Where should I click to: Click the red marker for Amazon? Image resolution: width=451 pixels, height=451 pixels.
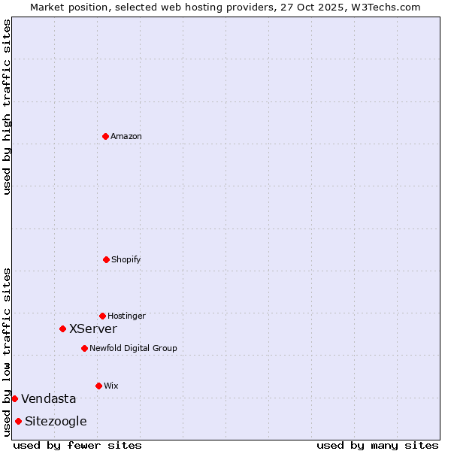tap(105, 136)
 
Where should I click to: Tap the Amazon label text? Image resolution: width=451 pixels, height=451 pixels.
tap(126, 136)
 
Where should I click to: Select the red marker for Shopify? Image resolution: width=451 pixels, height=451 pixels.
tap(106, 259)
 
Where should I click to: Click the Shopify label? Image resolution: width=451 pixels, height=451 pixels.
tap(126, 259)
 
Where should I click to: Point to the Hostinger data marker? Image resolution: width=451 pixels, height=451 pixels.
tap(102, 316)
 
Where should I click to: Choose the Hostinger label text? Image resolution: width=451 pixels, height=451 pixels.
tap(126, 316)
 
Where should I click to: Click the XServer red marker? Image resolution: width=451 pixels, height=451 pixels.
tap(62, 328)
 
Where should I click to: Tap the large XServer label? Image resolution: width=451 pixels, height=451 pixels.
tap(93, 328)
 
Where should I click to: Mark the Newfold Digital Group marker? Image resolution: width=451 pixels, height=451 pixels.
tap(84, 348)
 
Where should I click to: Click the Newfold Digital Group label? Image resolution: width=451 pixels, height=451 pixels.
tap(133, 348)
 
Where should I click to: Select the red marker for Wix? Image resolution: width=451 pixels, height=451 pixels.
tap(98, 386)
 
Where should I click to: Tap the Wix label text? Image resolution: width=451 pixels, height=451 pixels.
tap(111, 386)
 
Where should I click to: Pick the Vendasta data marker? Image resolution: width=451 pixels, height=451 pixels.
tap(14, 398)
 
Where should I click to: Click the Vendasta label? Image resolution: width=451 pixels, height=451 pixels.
tap(49, 398)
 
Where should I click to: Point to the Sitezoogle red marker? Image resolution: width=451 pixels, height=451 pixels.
tap(18, 421)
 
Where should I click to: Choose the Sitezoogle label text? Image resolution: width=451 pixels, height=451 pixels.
tap(56, 421)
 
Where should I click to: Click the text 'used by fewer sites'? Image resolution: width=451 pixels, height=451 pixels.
tap(77, 445)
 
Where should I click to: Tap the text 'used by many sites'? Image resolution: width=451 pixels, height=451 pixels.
tap(377, 445)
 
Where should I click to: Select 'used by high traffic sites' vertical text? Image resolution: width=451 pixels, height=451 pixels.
tap(7, 107)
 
